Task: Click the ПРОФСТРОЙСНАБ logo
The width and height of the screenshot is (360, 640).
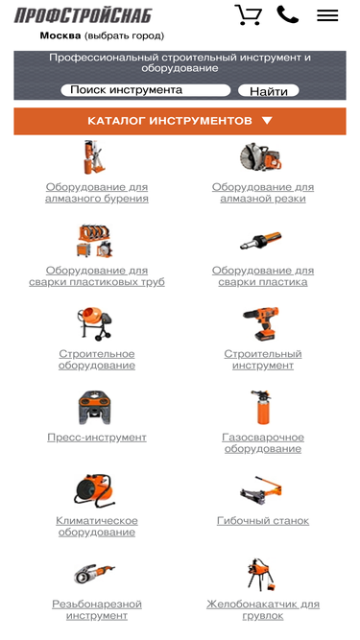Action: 83,15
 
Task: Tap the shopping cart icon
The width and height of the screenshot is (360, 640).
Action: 248,15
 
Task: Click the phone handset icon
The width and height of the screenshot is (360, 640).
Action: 287,14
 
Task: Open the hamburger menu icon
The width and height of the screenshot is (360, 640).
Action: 327,15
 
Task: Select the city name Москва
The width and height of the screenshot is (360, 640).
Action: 60,36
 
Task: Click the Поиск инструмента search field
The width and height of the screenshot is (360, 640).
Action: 146,90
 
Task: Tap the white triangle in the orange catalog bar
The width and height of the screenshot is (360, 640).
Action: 267,120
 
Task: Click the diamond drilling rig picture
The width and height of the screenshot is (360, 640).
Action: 94,157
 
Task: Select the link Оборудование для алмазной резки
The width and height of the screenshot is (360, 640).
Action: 263,193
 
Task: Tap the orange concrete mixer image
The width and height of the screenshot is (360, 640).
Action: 95,323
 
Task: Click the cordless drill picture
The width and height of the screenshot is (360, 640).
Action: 261,323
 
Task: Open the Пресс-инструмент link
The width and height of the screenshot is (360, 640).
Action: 97,438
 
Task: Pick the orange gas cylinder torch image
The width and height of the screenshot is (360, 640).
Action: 261,407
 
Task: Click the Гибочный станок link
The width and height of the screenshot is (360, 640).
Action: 263,520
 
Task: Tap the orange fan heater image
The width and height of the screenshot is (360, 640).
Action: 94,490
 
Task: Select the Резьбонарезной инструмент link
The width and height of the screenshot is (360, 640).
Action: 97,609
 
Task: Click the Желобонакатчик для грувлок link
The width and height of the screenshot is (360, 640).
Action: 263,609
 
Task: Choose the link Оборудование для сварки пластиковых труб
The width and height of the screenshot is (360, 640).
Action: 97,276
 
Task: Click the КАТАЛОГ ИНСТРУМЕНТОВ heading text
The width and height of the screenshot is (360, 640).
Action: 170,121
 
